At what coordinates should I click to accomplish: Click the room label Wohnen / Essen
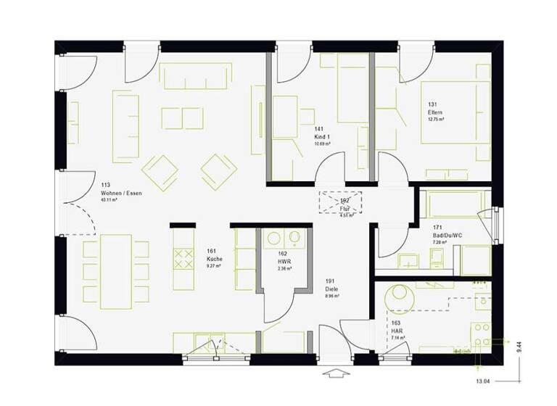(122, 194)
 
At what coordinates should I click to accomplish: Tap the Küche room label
(215, 259)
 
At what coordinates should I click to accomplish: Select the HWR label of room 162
(284, 262)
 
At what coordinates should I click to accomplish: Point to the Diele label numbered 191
(331, 289)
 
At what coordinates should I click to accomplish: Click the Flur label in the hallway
(346, 209)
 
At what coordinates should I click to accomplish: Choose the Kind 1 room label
(322, 137)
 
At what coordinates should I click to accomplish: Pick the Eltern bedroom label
(435, 113)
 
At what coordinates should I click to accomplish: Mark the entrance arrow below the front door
(337, 374)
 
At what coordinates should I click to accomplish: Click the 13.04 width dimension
(482, 381)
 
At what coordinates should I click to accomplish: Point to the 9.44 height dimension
(519, 349)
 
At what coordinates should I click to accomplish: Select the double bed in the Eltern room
(455, 112)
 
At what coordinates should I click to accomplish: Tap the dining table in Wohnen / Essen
(116, 268)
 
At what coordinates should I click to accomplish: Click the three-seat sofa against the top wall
(196, 75)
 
